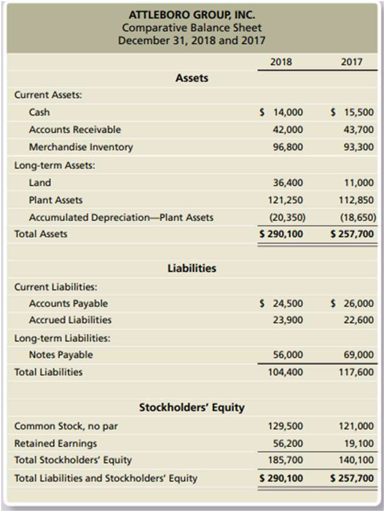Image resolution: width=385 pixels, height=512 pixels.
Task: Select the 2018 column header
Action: tap(281, 62)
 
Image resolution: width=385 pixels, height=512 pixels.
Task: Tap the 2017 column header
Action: tap(352, 62)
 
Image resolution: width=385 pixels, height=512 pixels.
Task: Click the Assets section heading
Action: tap(192, 77)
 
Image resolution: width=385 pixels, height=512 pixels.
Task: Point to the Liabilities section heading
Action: tap(192, 268)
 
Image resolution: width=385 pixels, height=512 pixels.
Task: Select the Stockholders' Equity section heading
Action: tap(192, 407)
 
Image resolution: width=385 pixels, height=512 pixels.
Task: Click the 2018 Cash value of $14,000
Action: tap(282, 112)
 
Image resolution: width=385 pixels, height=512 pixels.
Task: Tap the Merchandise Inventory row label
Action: tap(81, 147)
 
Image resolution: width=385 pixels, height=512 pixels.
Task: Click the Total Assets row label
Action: tap(40, 234)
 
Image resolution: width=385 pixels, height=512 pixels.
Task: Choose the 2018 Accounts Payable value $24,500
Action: tap(282, 303)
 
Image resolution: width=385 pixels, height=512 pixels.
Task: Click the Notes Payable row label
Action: tap(61, 354)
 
